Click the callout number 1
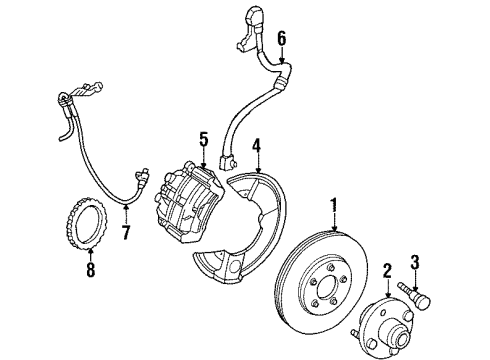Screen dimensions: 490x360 pyautogui.click(x=334, y=207)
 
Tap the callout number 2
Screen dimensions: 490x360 pyautogui.click(x=387, y=271)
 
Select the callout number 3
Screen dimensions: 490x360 pyautogui.click(x=414, y=262)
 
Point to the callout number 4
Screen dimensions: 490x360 pyautogui.click(x=256, y=146)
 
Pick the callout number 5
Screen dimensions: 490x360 pyautogui.click(x=204, y=139)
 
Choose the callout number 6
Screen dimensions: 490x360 pyautogui.click(x=282, y=38)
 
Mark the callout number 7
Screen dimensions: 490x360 pyautogui.click(x=126, y=232)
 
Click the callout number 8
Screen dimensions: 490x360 pyautogui.click(x=91, y=269)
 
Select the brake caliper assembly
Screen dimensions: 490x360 pyautogui.click(x=188, y=201)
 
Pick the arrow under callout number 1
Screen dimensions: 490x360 pyautogui.click(x=334, y=224)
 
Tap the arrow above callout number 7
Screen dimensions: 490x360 pyautogui.click(x=126, y=215)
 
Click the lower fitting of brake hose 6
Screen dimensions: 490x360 pyautogui.click(x=227, y=162)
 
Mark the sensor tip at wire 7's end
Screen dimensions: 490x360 pyautogui.click(x=142, y=176)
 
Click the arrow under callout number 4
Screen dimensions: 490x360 pyautogui.click(x=256, y=163)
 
